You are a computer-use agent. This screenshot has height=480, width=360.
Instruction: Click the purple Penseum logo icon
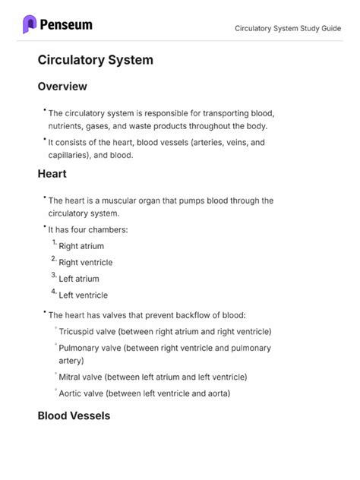coord(30,24)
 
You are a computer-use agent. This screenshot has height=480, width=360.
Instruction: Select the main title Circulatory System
coord(95,59)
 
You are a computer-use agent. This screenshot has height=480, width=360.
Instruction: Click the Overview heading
coord(62,87)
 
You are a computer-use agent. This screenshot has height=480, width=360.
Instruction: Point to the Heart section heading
coord(52,173)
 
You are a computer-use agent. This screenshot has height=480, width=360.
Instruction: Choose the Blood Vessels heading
coord(74,415)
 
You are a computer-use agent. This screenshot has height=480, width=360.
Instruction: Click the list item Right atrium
coord(81,246)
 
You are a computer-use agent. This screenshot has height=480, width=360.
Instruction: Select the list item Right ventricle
coord(85,263)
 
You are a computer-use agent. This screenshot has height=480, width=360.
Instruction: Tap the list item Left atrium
coord(79,279)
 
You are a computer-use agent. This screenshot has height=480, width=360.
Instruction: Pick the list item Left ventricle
coord(83,295)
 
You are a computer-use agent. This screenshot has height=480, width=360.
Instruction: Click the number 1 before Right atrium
coord(54,243)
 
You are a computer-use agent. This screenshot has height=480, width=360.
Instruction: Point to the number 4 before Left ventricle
coord(54,292)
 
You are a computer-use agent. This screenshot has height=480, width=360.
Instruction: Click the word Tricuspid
coord(78,331)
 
